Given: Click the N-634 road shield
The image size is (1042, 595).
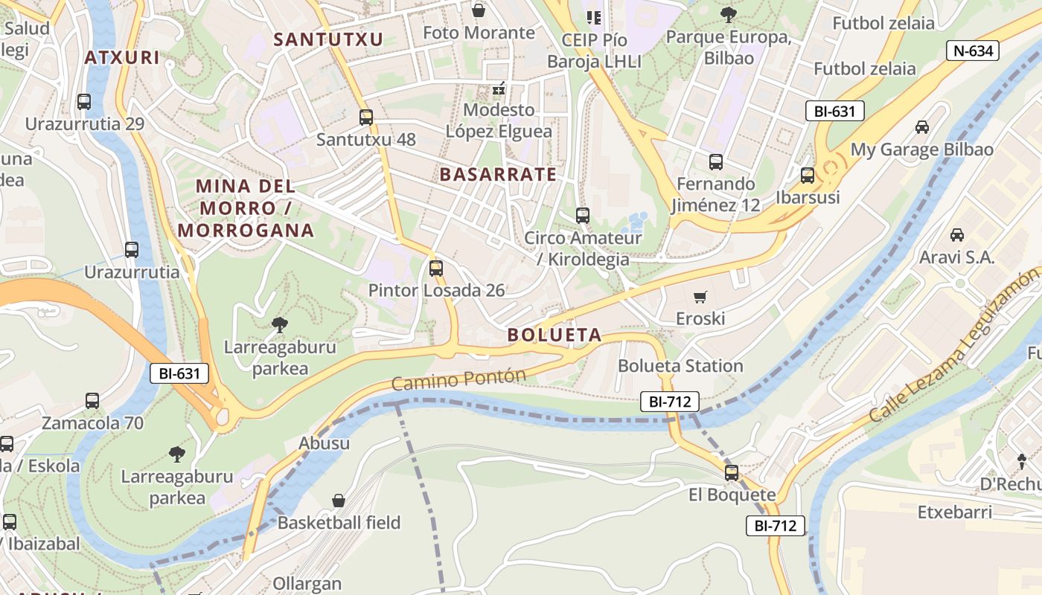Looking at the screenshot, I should tap(972, 51).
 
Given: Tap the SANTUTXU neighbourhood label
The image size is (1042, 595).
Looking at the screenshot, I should tap(328, 39).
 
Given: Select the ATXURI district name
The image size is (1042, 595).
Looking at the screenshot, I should tap(122, 57).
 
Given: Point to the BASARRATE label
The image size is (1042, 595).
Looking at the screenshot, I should tap(498, 175).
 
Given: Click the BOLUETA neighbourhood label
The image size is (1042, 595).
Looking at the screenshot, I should tap(554, 335).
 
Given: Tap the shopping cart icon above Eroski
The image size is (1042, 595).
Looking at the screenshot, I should tap(700, 297).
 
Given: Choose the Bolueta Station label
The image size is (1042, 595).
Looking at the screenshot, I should tap(680, 366).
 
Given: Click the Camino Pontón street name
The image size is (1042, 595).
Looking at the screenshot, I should tap(458, 379).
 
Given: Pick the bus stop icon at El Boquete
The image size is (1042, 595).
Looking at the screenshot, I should tap(732, 472).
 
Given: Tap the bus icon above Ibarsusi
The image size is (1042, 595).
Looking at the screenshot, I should tap(808, 176).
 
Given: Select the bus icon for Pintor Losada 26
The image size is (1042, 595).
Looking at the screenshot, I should tap(436, 268).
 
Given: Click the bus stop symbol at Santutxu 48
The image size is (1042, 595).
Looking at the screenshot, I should tap(365, 118).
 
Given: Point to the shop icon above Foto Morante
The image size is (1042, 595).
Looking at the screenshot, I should tap(479, 10).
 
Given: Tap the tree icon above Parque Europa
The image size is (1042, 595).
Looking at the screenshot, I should tap(728, 14).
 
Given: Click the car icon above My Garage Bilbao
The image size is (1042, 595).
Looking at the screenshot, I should tap(922, 127).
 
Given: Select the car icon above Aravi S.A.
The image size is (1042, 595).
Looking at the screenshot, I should tap(957, 235).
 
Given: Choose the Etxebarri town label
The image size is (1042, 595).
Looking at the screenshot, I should tap(954, 512).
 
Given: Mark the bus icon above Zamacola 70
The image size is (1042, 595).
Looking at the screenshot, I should tap(92, 401).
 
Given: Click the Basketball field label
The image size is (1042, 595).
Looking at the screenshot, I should tap(339, 522).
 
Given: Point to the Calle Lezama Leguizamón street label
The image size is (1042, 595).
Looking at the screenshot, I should tap(954, 346).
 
